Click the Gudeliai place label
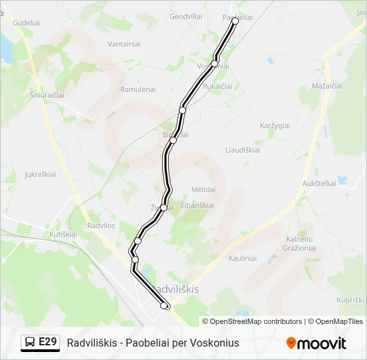(x=26, y=22)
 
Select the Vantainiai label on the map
(x=124, y=44)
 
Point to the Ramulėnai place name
(x=137, y=89)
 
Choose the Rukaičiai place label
(x=218, y=87)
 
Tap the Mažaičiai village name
(x=327, y=87)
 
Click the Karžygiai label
(x=274, y=125)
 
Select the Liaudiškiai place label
(x=243, y=150)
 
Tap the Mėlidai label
(x=204, y=189)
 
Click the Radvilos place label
(x=100, y=225)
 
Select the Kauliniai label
(x=242, y=257)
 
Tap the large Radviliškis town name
(x=176, y=289)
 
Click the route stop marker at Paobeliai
(x=235, y=21)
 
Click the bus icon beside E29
(x=31, y=343)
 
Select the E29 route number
(x=47, y=343)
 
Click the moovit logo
(x=316, y=343)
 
